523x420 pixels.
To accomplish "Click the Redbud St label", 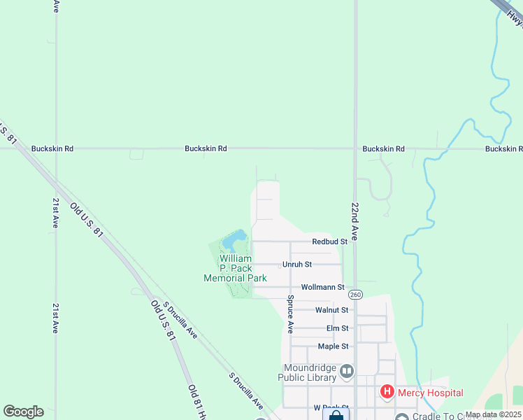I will pyautogui.click(x=329, y=241).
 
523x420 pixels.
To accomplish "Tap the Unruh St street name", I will pyautogui.click(x=296, y=265).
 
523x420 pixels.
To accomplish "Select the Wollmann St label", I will pyautogui.click(x=322, y=287).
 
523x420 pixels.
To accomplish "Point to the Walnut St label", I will pyautogui.click(x=331, y=309).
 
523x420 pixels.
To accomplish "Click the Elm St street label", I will pyautogui.click(x=337, y=328).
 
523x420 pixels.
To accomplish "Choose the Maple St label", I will pyautogui.click(x=333, y=346).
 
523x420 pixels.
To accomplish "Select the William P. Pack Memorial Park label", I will pyautogui.click(x=235, y=268).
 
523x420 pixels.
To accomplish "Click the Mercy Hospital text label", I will pyautogui.click(x=430, y=393).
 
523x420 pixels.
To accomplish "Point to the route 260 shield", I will pyautogui.click(x=355, y=294).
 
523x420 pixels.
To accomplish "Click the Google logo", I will pyautogui.click(x=23, y=412).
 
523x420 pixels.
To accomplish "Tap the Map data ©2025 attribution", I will pyautogui.click(x=492, y=414).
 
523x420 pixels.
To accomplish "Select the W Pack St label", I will pyautogui.click(x=331, y=407).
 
